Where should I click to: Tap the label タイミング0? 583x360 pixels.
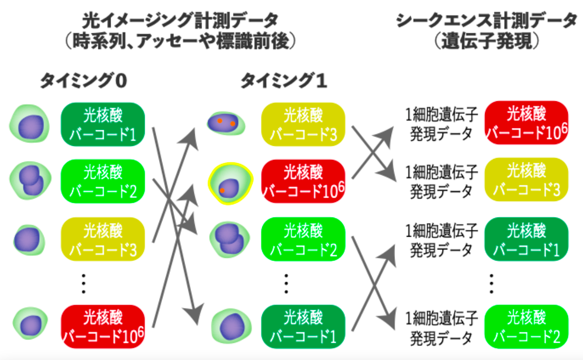84,80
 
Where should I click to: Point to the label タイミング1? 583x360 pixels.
284,80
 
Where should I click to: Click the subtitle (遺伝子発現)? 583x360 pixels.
487,41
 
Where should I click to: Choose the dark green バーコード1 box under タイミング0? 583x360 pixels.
103,124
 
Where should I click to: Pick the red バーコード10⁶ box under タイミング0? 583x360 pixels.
103,327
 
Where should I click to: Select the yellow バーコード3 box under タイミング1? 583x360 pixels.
303,124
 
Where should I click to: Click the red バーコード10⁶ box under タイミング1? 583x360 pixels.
303,181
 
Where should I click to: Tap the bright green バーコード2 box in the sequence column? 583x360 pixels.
527,327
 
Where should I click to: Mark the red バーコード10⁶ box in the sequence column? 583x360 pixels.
527,123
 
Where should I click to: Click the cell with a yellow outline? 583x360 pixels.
230,183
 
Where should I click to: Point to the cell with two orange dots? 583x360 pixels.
226,123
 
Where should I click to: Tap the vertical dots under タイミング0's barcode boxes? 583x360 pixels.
84,284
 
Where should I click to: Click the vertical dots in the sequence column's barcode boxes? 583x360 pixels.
491,284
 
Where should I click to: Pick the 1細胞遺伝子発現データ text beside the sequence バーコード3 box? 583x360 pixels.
442,181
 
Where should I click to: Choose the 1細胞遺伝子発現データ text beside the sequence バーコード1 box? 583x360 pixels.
442,240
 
